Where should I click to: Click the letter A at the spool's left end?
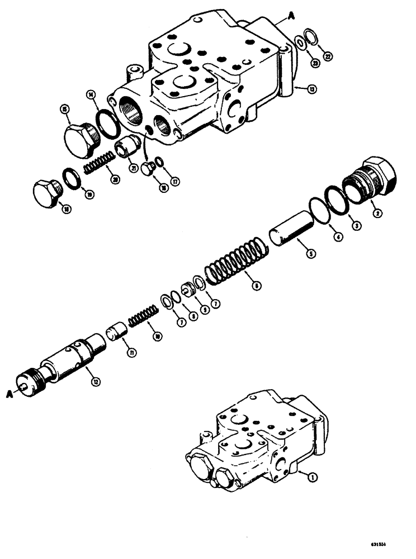[11, 394]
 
